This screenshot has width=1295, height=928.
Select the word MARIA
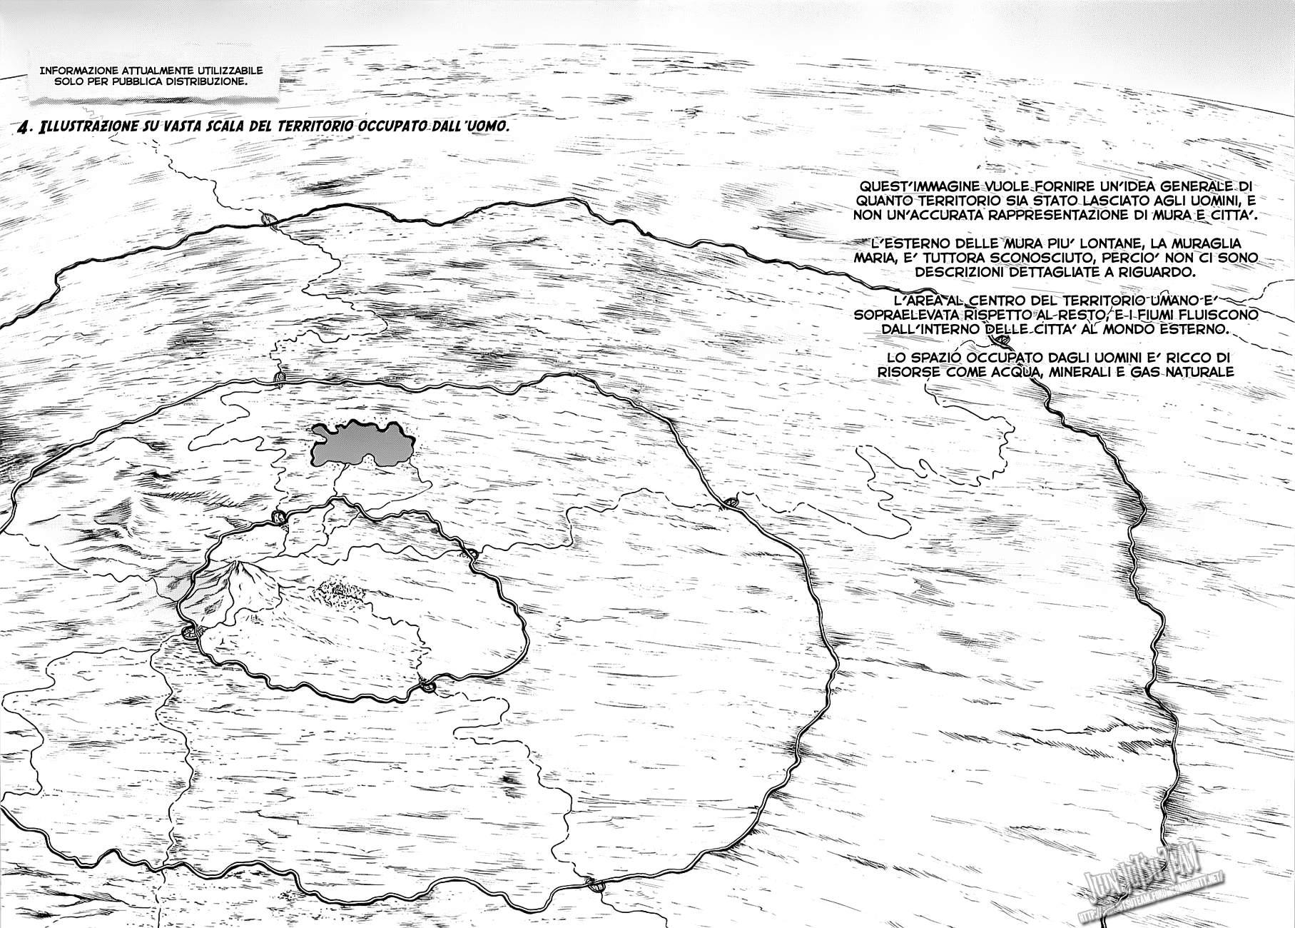873,258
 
